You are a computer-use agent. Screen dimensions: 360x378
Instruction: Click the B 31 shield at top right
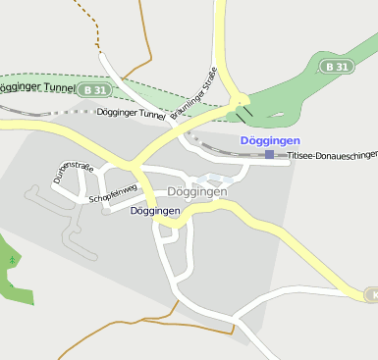tap(337, 67)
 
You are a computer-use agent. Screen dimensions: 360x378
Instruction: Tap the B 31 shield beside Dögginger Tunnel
tap(95, 90)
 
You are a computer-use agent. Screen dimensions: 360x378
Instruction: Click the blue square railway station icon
tap(269, 154)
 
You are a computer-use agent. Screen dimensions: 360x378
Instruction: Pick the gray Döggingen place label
tap(197, 192)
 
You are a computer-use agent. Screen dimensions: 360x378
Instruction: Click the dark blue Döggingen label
tap(155, 211)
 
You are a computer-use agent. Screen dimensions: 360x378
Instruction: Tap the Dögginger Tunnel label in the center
tap(133, 114)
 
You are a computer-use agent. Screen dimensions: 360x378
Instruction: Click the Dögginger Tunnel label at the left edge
tap(35, 88)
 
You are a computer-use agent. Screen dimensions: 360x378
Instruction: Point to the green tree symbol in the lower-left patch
tap(12, 260)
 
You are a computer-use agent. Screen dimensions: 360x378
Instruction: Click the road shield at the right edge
tap(371, 294)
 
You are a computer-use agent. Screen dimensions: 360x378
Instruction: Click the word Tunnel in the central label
tap(151, 114)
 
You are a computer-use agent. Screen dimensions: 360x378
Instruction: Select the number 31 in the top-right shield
tap(342, 67)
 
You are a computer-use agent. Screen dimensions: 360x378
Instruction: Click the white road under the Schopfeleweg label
tap(118, 207)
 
